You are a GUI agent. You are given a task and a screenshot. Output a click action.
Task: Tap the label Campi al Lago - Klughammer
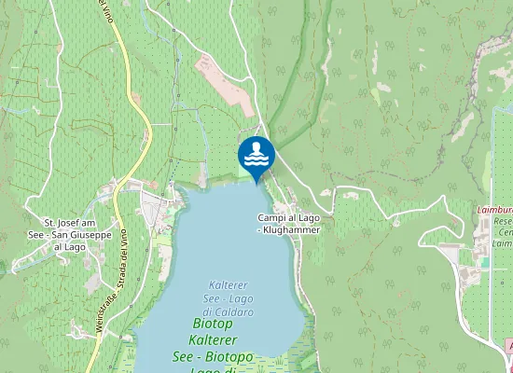[x=288, y=224]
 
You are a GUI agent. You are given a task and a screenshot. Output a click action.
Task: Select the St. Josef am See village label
[x=70, y=235]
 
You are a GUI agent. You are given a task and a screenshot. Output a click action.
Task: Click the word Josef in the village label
[x=64, y=224]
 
